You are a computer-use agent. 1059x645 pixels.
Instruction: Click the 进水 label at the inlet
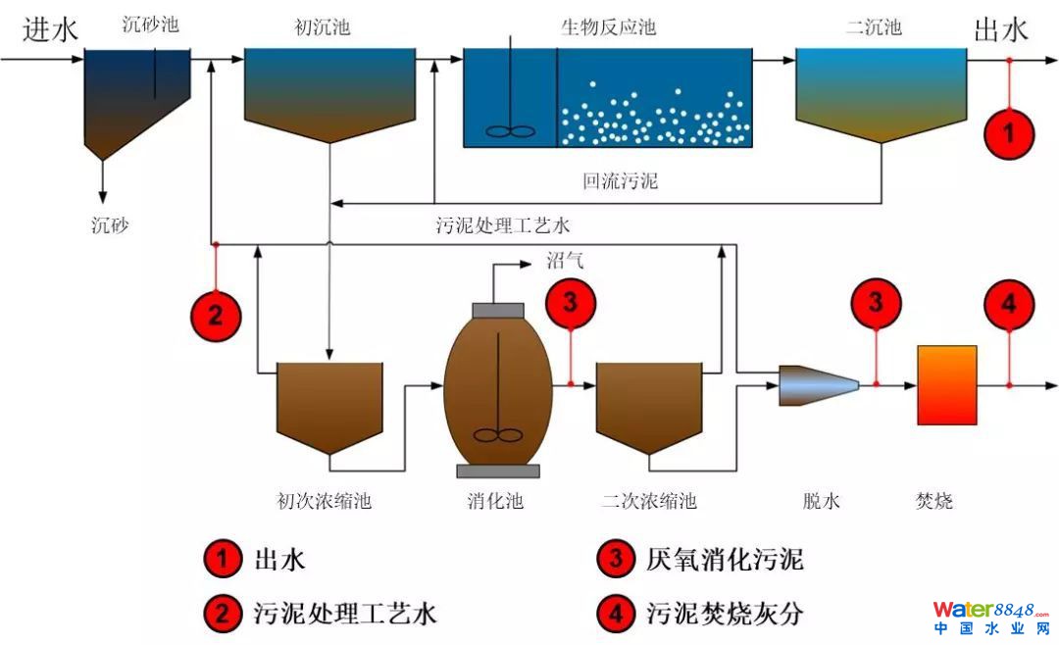click(x=50, y=30)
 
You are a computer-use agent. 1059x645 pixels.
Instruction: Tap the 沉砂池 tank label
click(x=150, y=25)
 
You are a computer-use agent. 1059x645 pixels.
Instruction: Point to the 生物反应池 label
click(x=608, y=26)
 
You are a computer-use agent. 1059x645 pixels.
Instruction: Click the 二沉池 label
click(x=873, y=27)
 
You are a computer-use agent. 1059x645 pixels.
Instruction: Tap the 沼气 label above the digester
click(x=564, y=261)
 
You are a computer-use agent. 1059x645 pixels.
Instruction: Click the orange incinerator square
click(x=946, y=385)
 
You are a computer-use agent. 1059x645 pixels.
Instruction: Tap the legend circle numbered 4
click(x=615, y=614)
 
